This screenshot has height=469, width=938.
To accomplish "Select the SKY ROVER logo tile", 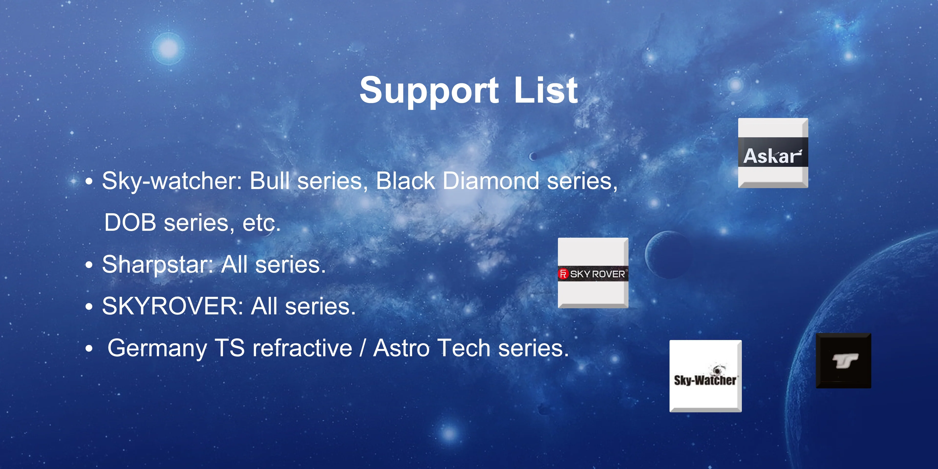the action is (593, 273).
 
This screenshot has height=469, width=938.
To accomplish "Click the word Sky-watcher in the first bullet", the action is (172, 181).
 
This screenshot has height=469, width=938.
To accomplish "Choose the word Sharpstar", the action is (158, 265).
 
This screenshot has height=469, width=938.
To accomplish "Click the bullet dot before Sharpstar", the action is (89, 265).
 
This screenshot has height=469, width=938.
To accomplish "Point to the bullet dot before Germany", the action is (89, 349).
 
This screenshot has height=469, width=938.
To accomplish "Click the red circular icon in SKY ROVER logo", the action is (563, 274).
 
